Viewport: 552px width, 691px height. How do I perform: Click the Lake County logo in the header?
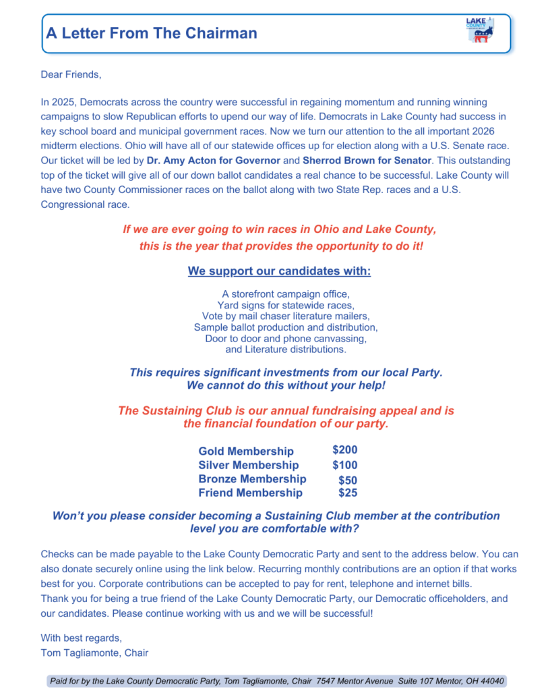479,31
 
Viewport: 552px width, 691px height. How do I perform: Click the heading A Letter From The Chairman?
152,33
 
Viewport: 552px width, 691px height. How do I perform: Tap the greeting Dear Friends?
71,74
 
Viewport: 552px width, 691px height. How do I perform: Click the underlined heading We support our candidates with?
279,271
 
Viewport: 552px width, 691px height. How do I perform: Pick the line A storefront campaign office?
286,295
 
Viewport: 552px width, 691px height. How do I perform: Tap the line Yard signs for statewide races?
286,306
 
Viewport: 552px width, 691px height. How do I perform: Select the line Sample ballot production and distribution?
286,327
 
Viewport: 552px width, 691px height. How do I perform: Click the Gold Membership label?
246,451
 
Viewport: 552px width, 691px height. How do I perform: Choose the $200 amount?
344,449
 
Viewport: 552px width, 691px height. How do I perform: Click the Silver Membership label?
248,465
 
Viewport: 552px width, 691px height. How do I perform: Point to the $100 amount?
344,465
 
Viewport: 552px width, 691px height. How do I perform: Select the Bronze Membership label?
252,479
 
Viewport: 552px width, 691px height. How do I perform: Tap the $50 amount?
348,480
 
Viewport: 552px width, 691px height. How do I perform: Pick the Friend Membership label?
250,493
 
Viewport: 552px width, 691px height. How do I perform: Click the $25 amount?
348,493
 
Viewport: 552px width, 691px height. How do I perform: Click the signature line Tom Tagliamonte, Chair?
94,653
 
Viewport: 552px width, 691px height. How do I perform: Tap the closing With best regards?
82,638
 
